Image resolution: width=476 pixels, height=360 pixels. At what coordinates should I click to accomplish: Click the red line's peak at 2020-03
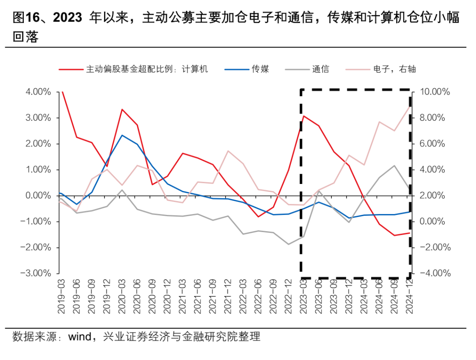(122, 109)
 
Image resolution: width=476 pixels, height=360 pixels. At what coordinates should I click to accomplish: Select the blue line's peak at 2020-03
(122, 135)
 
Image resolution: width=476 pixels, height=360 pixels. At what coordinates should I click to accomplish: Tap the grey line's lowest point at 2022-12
(288, 244)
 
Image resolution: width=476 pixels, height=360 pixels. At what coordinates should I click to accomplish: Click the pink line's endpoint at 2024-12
(410, 106)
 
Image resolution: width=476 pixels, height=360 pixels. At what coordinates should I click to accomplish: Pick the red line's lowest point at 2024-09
(394, 235)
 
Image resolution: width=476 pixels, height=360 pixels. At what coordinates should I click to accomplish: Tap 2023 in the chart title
(67, 18)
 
